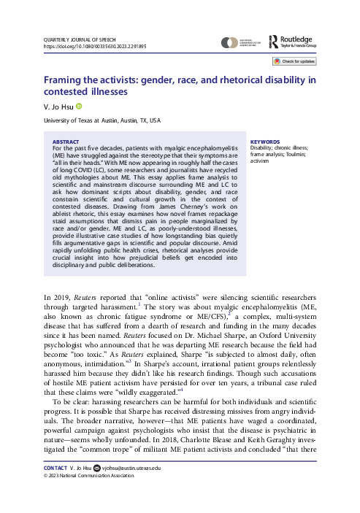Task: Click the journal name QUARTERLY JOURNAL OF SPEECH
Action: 78,39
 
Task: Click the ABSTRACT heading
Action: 67,142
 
